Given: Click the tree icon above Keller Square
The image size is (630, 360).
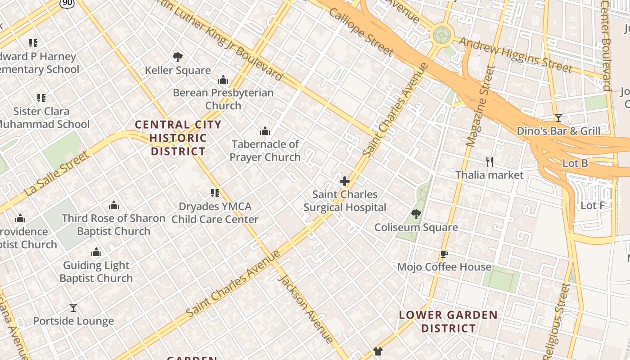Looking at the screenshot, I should pos(178,57).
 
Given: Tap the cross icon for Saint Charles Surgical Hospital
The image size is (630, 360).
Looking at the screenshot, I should pos(345,181).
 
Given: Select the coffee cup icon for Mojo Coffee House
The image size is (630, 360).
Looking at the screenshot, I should pos(444,254).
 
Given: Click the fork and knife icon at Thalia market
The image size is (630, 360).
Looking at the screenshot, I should pos(490,162).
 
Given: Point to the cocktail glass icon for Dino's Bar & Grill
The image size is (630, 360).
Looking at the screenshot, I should pos(558,118).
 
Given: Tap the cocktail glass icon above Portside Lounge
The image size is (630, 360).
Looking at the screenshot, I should pos(73,308).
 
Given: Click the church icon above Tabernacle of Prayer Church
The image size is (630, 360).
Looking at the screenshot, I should pos(265,131).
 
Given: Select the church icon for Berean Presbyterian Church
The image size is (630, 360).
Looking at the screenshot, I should pos(223,80).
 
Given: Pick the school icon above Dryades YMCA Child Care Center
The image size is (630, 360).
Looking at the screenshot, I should pos(215,193).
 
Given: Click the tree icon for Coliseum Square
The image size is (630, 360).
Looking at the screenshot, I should pos(416,214).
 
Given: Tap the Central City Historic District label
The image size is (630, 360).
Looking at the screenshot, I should pos(178,138).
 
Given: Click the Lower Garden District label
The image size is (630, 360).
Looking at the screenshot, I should pos(448,321).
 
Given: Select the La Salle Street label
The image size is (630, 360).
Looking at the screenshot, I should pos(57,174).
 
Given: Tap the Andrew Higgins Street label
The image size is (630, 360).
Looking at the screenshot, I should pos(515,55).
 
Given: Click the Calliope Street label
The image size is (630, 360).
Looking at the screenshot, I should pos(361,31).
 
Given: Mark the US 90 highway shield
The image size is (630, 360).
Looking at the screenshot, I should pos(67,4).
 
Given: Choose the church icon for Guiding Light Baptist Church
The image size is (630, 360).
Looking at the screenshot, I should pos(96,252).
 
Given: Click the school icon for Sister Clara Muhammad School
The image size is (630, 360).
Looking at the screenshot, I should pos(41,98).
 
